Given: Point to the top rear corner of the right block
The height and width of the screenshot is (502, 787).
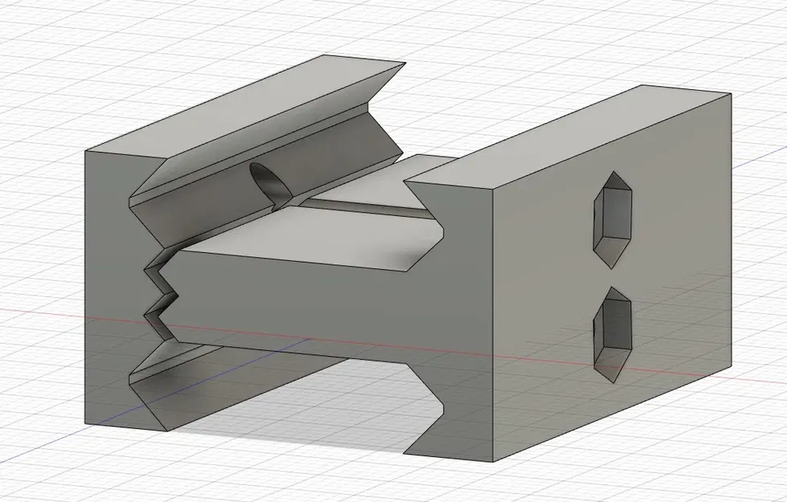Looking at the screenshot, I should click(730, 93).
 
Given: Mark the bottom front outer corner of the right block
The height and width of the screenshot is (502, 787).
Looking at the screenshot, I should click(493, 462).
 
